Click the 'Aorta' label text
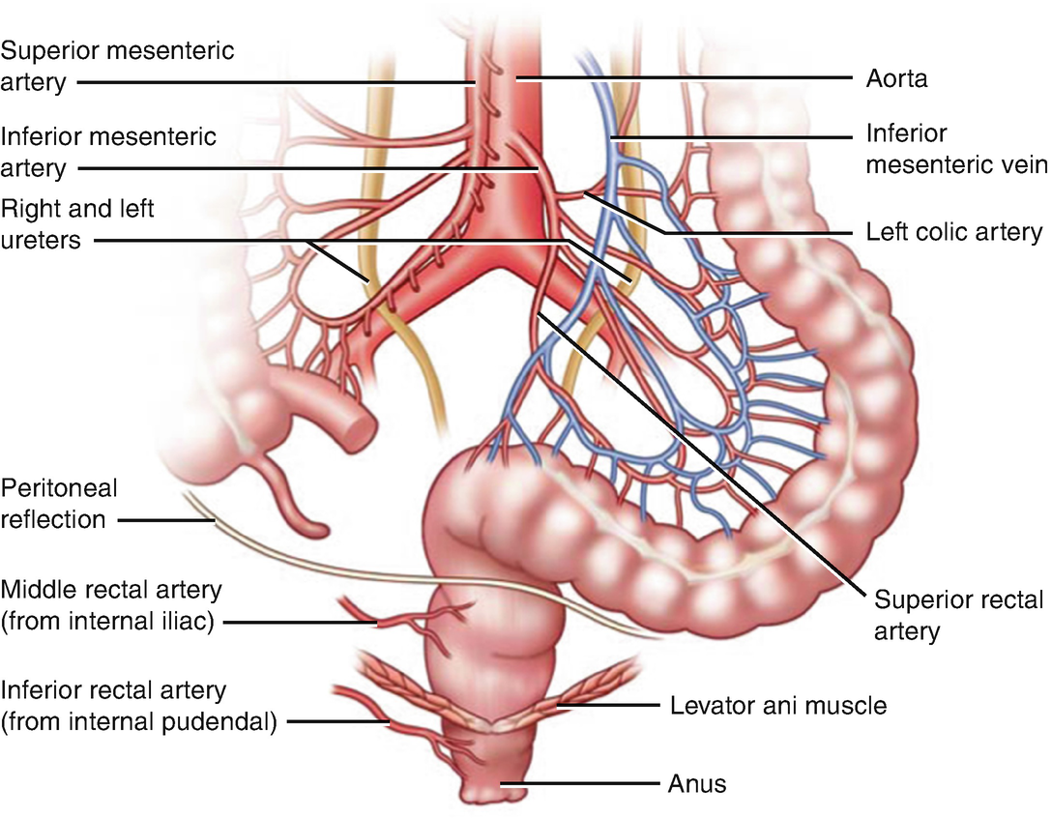coord(896,79)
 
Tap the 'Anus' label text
coord(696,782)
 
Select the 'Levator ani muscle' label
coord(777,705)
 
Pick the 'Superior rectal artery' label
coord(958,616)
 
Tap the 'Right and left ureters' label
coord(77,223)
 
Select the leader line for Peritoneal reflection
coord(164,520)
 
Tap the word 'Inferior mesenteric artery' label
coord(107,150)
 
